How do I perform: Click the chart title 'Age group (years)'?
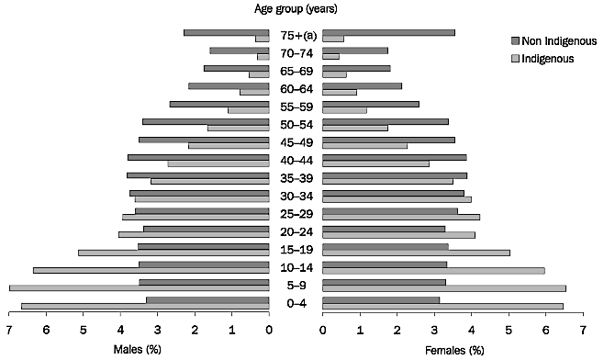click(296, 10)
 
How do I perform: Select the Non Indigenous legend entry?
click(554, 41)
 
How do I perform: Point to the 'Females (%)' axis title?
click(453, 350)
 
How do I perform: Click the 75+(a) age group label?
click(296, 37)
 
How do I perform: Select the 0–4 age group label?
click(296, 303)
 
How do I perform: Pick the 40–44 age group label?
click(296, 161)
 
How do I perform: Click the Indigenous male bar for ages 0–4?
click(145, 306)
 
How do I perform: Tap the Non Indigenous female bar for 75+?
click(389, 32)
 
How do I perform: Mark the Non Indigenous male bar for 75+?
click(227, 32)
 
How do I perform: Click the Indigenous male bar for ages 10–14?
click(151, 270)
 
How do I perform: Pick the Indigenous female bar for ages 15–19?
click(416, 253)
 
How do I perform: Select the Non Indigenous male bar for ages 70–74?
click(240, 51)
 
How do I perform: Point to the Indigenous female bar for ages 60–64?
click(340, 92)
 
